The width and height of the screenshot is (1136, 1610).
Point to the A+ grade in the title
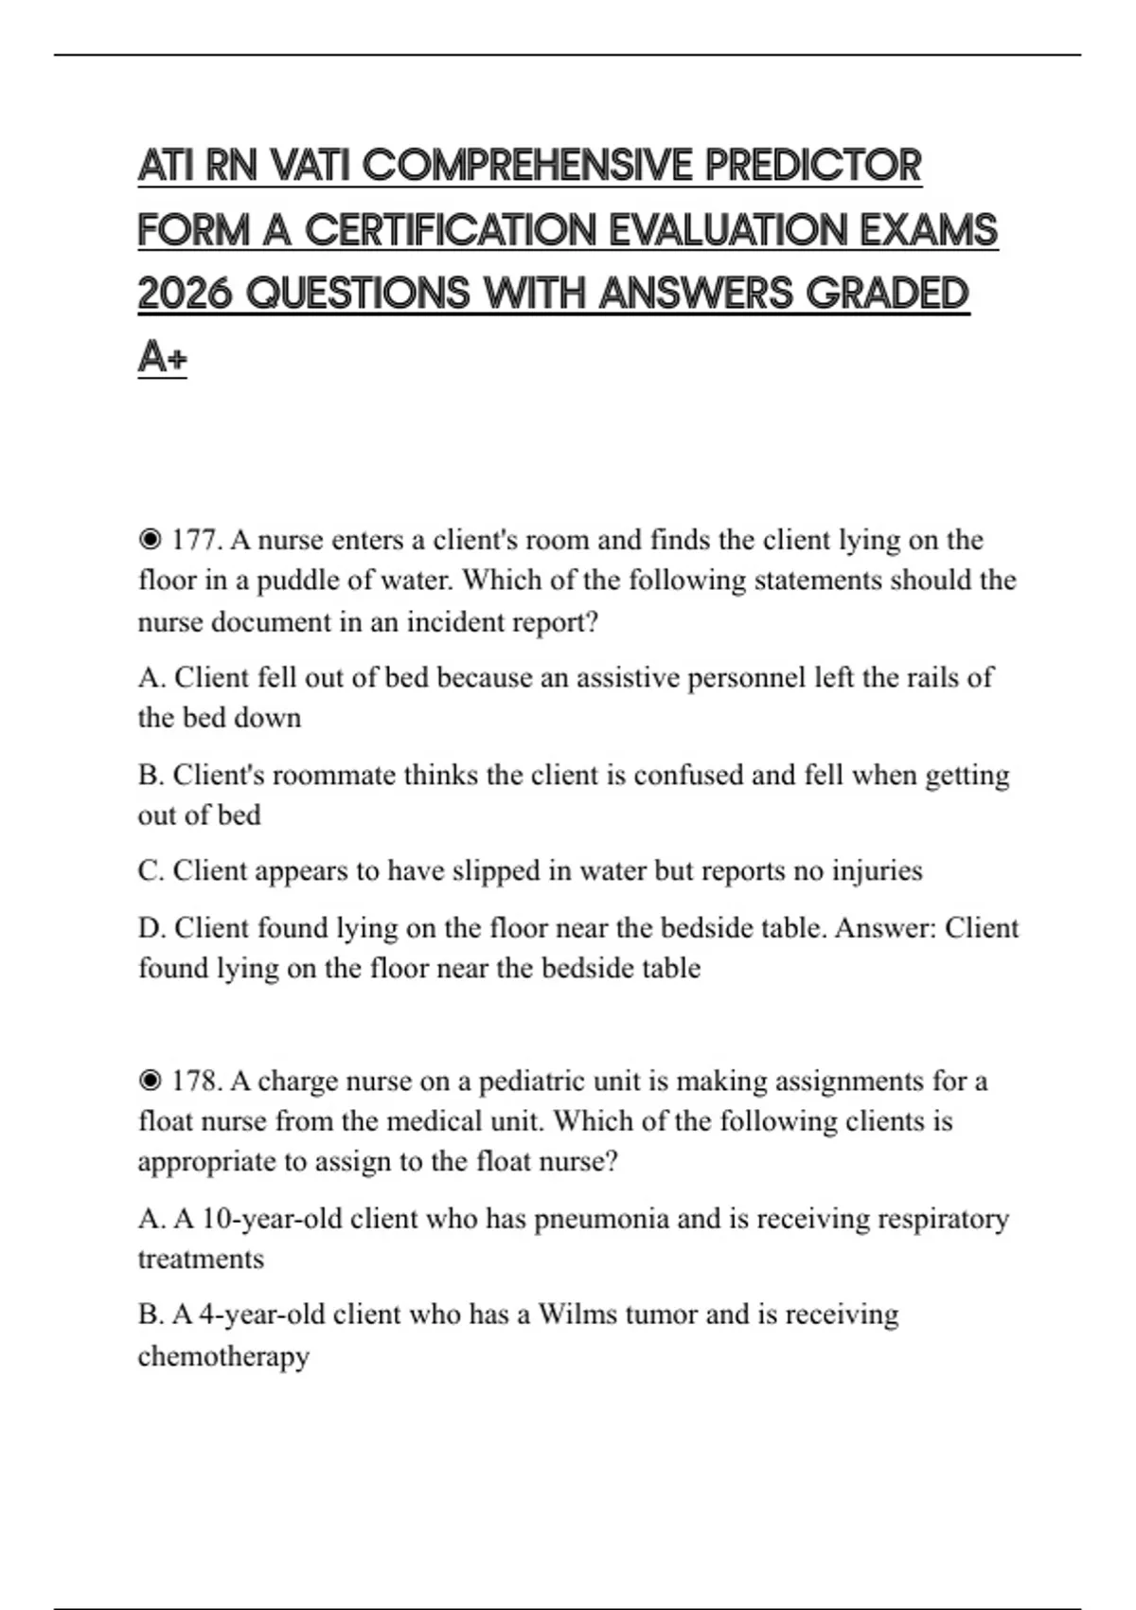pyautogui.click(x=162, y=357)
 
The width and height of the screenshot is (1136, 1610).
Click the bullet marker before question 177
pyautogui.click(x=150, y=540)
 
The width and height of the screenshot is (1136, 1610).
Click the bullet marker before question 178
pyautogui.click(x=150, y=1081)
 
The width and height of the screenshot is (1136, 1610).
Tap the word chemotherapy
pyautogui.click(x=223, y=1356)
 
